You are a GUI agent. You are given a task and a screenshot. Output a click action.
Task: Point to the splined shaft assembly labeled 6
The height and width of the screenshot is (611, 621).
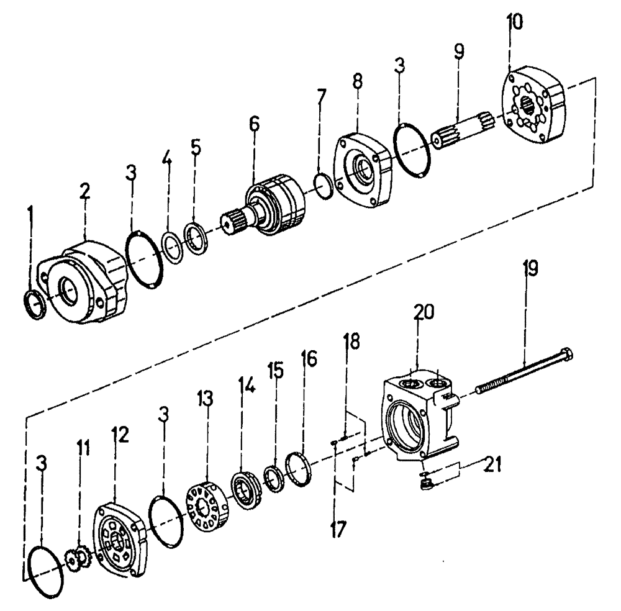[x=273, y=209]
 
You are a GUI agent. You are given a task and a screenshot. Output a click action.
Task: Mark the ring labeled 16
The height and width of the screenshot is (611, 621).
[x=299, y=469]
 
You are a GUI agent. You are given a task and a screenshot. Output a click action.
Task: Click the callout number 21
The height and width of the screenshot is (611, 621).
[x=494, y=463]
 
